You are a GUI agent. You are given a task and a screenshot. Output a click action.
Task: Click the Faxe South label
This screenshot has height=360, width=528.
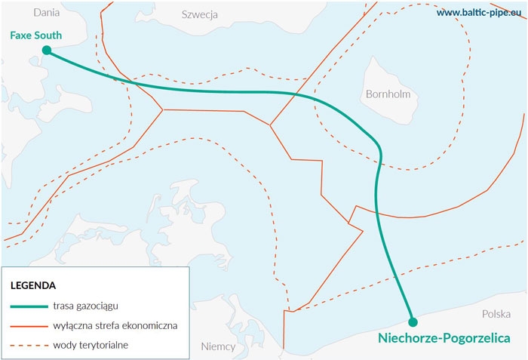click(x=36, y=35)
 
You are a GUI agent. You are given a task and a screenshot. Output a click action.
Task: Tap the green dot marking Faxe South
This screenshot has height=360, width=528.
click(x=47, y=51)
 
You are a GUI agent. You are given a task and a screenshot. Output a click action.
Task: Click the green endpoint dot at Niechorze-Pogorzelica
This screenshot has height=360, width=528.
click(x=413, y=322)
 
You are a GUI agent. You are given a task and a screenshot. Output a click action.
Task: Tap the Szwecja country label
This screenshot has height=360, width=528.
click(x=200, y=14)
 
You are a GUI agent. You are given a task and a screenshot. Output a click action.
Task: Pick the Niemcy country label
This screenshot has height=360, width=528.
click(x=218, y=346)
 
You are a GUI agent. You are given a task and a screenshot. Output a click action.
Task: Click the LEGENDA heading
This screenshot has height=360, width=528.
click(x=32, y=286)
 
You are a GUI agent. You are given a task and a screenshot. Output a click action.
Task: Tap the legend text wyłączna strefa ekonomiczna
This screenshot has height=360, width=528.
click(x=115, y=325)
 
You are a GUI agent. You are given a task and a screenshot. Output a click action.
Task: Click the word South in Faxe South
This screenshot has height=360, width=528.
click(x=49, y=35)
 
